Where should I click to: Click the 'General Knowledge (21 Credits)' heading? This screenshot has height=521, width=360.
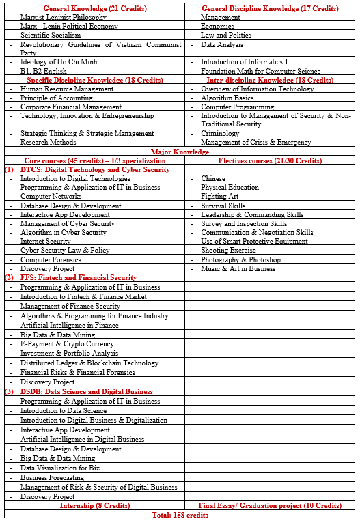click(x=94, y=8)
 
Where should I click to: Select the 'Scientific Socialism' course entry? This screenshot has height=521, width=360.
click(x=51, y=35)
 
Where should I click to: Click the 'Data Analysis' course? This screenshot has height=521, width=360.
click(x=222, y=44)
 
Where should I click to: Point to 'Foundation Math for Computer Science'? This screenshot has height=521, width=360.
click(x=260, y=71)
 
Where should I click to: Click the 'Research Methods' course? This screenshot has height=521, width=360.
click(x=48, y=143)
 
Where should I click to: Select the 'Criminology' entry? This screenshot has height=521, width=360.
click(x=220, y=134)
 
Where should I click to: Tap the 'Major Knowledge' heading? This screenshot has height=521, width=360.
click(x=180, y=152)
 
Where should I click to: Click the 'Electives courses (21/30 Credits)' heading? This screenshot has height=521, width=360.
click(x=270, y=160)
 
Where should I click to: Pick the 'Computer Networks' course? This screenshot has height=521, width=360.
click(x=51, y=197)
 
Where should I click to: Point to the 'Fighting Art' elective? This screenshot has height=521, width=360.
click(x=219, y=197)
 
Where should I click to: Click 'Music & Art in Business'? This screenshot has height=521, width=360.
click(x=238, y=268)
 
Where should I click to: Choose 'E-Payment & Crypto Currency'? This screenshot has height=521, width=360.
click(x=67, y=344)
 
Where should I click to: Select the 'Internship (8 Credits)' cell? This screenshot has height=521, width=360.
click(x=94, y=505)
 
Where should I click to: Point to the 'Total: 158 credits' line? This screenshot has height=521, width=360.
click(x=180, y=514)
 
